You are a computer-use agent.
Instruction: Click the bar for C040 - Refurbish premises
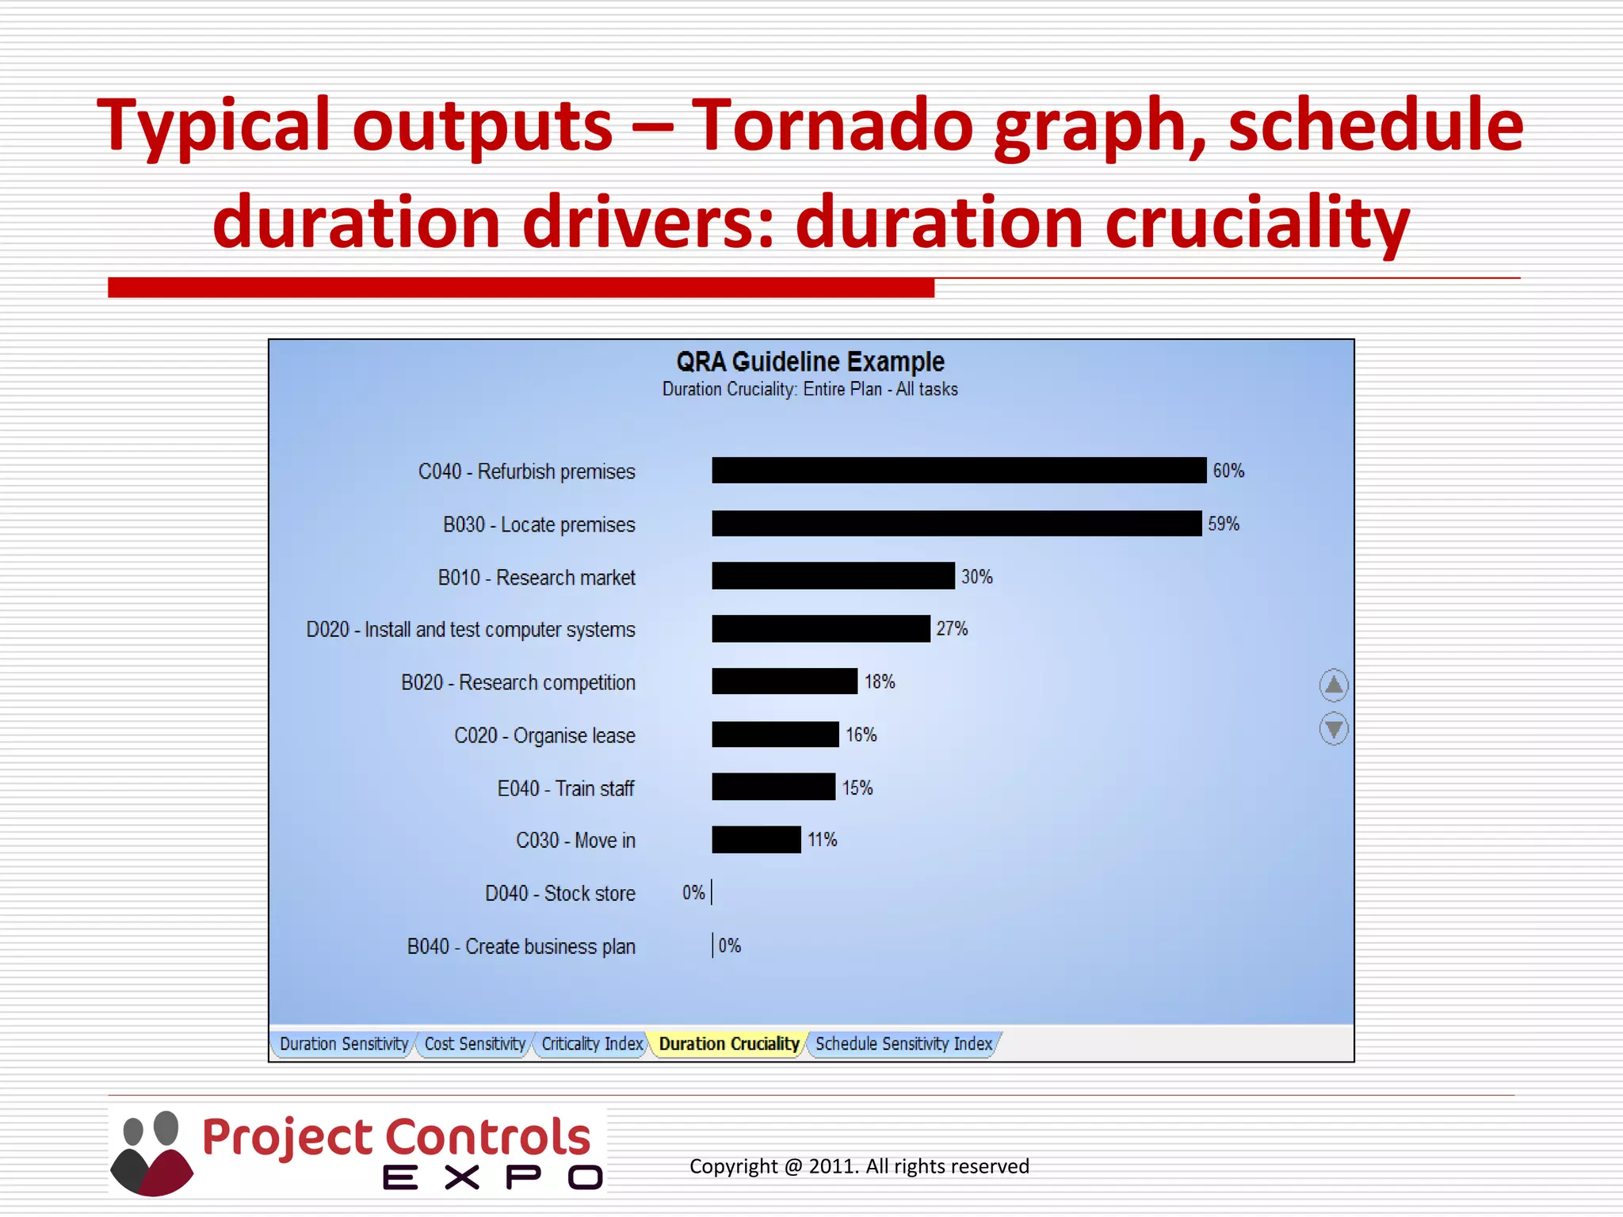(959, 471)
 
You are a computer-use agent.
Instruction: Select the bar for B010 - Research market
(833, 576)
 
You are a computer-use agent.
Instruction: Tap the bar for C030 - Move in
(756, 840)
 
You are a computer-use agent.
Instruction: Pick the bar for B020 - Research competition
(785, 681)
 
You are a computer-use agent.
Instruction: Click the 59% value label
(1223, 524)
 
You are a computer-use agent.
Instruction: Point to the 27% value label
(952, 629)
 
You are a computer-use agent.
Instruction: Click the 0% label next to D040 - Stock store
(693, 893)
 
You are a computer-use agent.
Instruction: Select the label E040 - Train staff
(566, 788)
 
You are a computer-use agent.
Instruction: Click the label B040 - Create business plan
(521, 947)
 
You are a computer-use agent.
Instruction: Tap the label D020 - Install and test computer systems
(471, 630)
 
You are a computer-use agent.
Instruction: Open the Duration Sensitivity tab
(344, 1044)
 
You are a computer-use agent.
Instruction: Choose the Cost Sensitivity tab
(475, 1044)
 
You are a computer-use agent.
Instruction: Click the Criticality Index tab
(592, 1044)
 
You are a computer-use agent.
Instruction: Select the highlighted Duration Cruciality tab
(729, 1044)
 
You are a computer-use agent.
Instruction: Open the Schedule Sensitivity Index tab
(903, 1044)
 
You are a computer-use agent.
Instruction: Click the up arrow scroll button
(1334, 685)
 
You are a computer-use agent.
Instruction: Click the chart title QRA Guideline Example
(810, 362)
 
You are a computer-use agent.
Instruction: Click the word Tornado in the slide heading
(832, 125)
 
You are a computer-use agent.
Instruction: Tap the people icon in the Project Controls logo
(151, 1153)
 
